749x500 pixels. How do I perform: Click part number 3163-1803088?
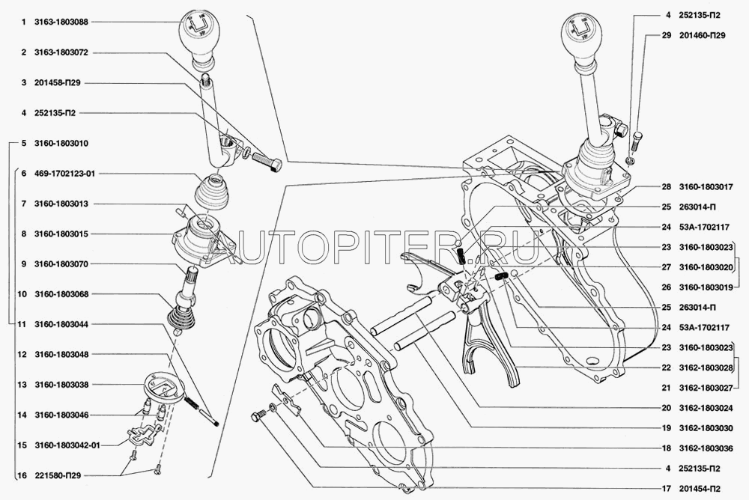[61, 22]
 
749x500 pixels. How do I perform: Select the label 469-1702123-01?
[64, 174]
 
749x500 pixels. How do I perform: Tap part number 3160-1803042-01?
[67, 445]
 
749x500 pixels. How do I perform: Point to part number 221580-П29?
[58, 475]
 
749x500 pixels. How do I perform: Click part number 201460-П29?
[703, 35]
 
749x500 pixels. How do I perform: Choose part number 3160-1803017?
[706, 186]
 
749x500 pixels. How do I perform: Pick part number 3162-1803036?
[706, 448]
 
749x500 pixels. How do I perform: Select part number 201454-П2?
[700, 489]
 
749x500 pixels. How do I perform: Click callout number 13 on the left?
[22, 385]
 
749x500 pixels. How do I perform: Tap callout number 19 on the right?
[667, 428]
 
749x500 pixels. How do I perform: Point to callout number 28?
[667, 186]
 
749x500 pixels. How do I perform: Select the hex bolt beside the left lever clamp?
[267, 161]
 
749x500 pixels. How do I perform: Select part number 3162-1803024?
[706, 409]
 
